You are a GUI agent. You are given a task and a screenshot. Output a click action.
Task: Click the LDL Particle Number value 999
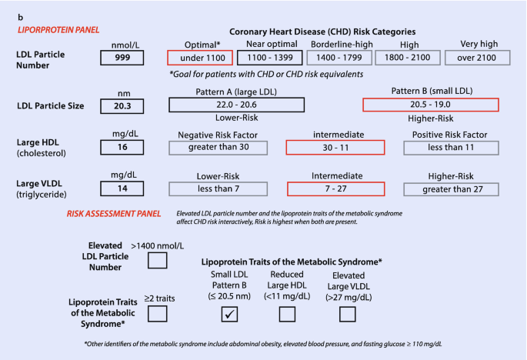coord(122,58)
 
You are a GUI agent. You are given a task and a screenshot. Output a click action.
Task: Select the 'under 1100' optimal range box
coord(200,58)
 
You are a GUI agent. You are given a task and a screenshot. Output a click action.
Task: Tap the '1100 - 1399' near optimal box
coord(269,58)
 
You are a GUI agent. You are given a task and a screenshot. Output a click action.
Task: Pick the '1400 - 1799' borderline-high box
coord(339,58)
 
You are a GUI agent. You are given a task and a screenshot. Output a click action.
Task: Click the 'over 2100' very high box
coord(477,58)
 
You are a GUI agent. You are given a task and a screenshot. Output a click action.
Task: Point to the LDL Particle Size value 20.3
coord(122,106)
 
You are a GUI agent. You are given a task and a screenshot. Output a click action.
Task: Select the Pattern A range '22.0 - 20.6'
coord(237,105)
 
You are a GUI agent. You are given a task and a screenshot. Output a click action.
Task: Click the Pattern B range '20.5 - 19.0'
coord(431,105)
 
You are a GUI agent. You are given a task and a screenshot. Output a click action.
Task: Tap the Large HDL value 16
coord(122,147)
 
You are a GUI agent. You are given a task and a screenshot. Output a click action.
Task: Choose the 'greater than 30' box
coord(218,148)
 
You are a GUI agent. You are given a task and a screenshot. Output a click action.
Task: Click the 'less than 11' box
coord(451,148)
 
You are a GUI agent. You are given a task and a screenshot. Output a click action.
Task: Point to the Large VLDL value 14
coord(122,188)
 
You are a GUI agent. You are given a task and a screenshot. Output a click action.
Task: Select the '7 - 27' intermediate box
coord(335,189)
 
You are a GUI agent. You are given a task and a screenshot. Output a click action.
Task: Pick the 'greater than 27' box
coord(451,189)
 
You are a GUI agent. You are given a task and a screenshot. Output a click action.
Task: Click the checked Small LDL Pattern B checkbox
coord(229,314)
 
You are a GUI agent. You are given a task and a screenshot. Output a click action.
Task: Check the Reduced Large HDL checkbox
coord(287,314)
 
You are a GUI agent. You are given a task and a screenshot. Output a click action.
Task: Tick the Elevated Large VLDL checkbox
coord(347,314)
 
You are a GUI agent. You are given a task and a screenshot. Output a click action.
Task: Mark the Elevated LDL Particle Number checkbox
coord(157,260)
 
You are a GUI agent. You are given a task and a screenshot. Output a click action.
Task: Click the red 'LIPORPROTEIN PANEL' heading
coord(58,30)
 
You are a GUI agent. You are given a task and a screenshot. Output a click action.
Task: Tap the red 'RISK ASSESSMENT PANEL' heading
coord(114,214)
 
